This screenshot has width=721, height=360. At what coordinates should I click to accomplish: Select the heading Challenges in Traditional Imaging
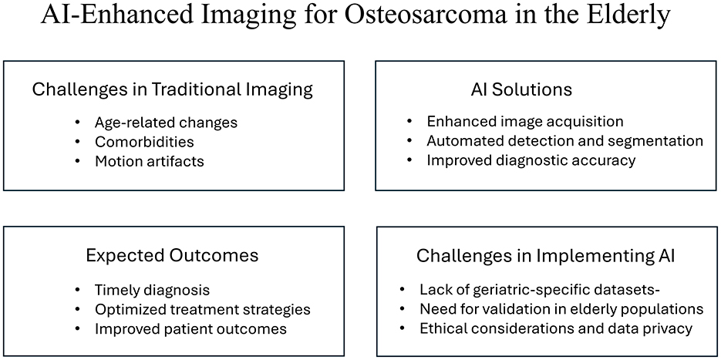click(x=172, y=89)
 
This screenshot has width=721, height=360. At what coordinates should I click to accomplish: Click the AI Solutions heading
click(x=521, y=89)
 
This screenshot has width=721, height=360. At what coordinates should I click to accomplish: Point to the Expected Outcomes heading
click(x=172, y=255)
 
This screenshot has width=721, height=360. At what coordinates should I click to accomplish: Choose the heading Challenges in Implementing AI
click(x=545, y=255)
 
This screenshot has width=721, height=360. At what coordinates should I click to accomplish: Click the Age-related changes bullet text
click(x=166, y=122)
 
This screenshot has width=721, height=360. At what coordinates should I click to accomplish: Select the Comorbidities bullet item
click(x=144, y=142)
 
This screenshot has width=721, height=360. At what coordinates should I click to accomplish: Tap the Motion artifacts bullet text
click(x=150, y=161)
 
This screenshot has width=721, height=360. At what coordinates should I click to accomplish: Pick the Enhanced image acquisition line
click(x=524, y=121)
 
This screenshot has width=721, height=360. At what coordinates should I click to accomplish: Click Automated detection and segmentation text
click(x=564, y=141)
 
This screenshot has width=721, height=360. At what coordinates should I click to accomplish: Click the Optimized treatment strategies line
click(x=202, y=309)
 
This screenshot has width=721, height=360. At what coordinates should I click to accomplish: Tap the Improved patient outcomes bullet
click(x=190, y=328)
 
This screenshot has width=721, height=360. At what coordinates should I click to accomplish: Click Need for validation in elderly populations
click(x=561, y=309)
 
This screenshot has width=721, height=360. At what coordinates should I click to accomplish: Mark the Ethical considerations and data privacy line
click(x=556, y=328)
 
